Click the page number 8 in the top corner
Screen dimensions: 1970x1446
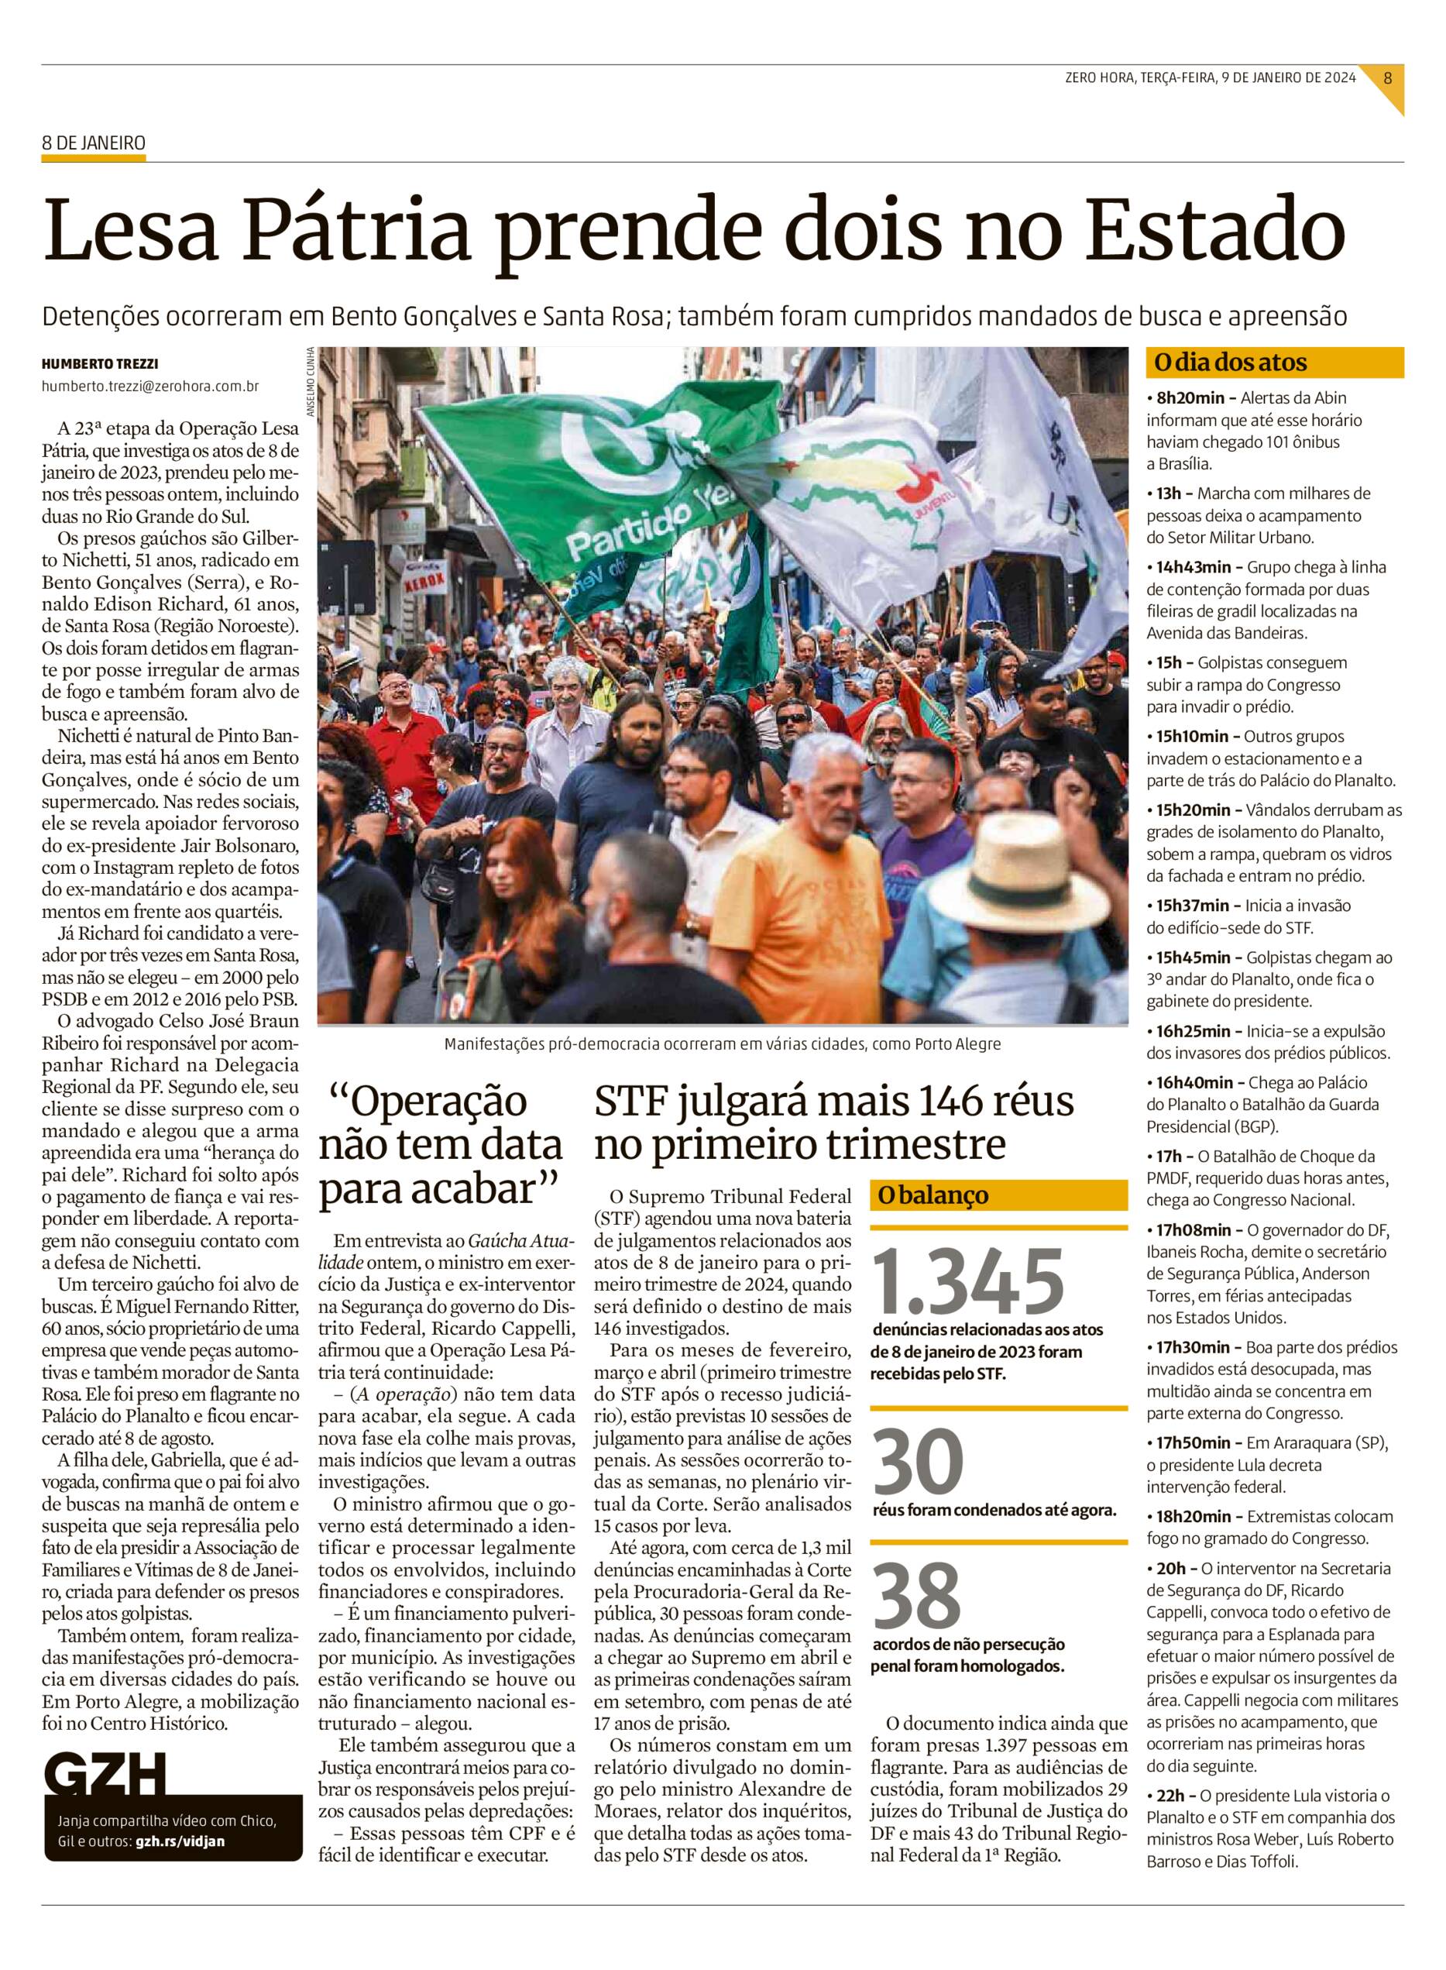tap(1387, 77)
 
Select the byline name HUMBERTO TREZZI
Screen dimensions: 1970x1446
tap(100, 364)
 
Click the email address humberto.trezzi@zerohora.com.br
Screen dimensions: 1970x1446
tap(150, 386)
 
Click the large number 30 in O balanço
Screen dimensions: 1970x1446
tap(919, 1459)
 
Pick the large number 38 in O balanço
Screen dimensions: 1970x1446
tap(917, 1594)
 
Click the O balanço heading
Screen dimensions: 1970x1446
tap(929, 1195)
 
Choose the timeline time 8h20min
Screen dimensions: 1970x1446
tap(1190, 397)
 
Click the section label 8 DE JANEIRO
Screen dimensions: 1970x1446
tap(94, 143)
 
